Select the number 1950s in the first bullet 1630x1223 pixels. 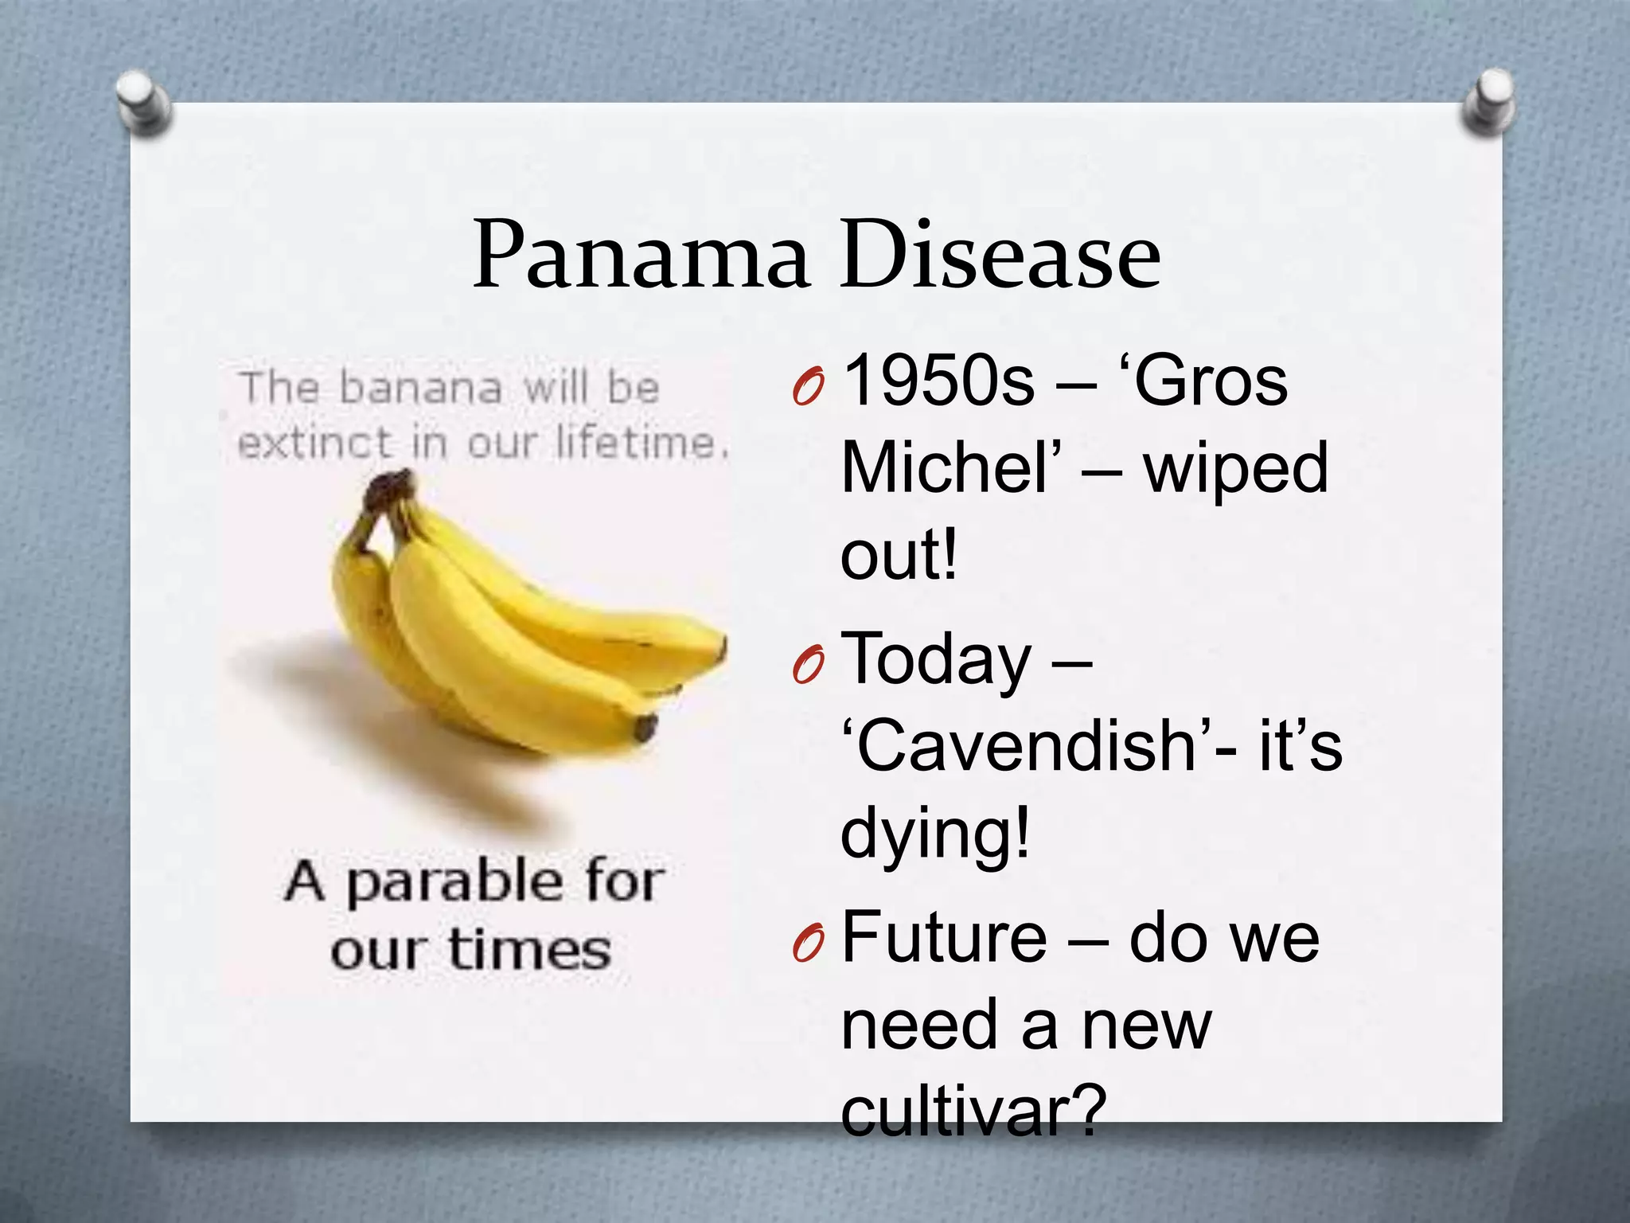(x=938, y=381)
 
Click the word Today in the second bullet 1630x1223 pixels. (x=936, y=660)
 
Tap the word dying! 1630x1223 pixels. (x=936, y=834)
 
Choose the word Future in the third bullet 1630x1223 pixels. (x=944, y=938)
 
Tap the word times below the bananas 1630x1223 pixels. (x=529, y=950)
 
